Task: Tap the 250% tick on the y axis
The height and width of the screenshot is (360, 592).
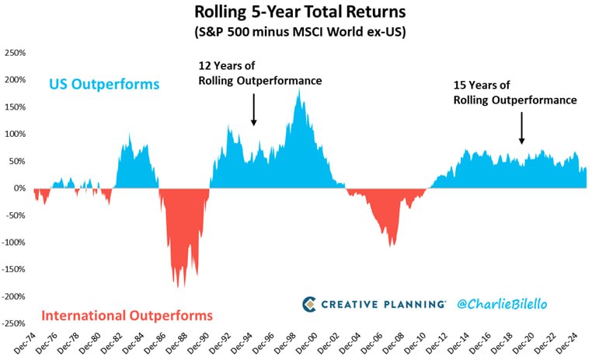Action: pos(16,54)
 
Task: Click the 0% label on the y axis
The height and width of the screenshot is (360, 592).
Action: pos(20,188)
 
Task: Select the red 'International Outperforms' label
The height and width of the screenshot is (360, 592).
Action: pos(127,316)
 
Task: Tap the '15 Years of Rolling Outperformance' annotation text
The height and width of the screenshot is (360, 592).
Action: pos(514,93)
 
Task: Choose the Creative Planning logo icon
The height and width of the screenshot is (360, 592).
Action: pos(308,303)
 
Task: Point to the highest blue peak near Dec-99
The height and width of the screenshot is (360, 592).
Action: pos(299,89)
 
